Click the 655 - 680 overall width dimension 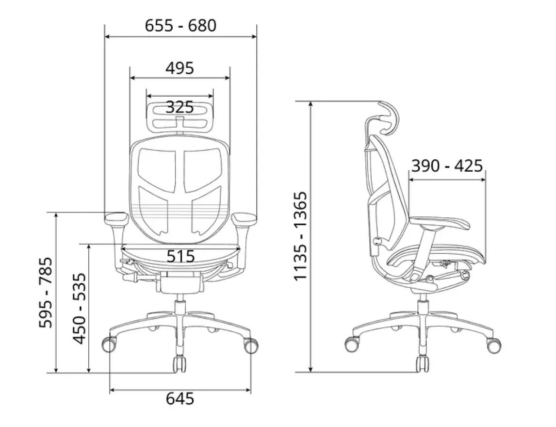point(180,26)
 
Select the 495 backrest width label point(180,68)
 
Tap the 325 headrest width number point(180,107)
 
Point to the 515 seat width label point(181,256)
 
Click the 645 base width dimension point(180,399)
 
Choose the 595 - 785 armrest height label point(46,293)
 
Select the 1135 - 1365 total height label point(300,236)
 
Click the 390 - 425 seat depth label point(447,165)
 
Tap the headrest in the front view point(180,116)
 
